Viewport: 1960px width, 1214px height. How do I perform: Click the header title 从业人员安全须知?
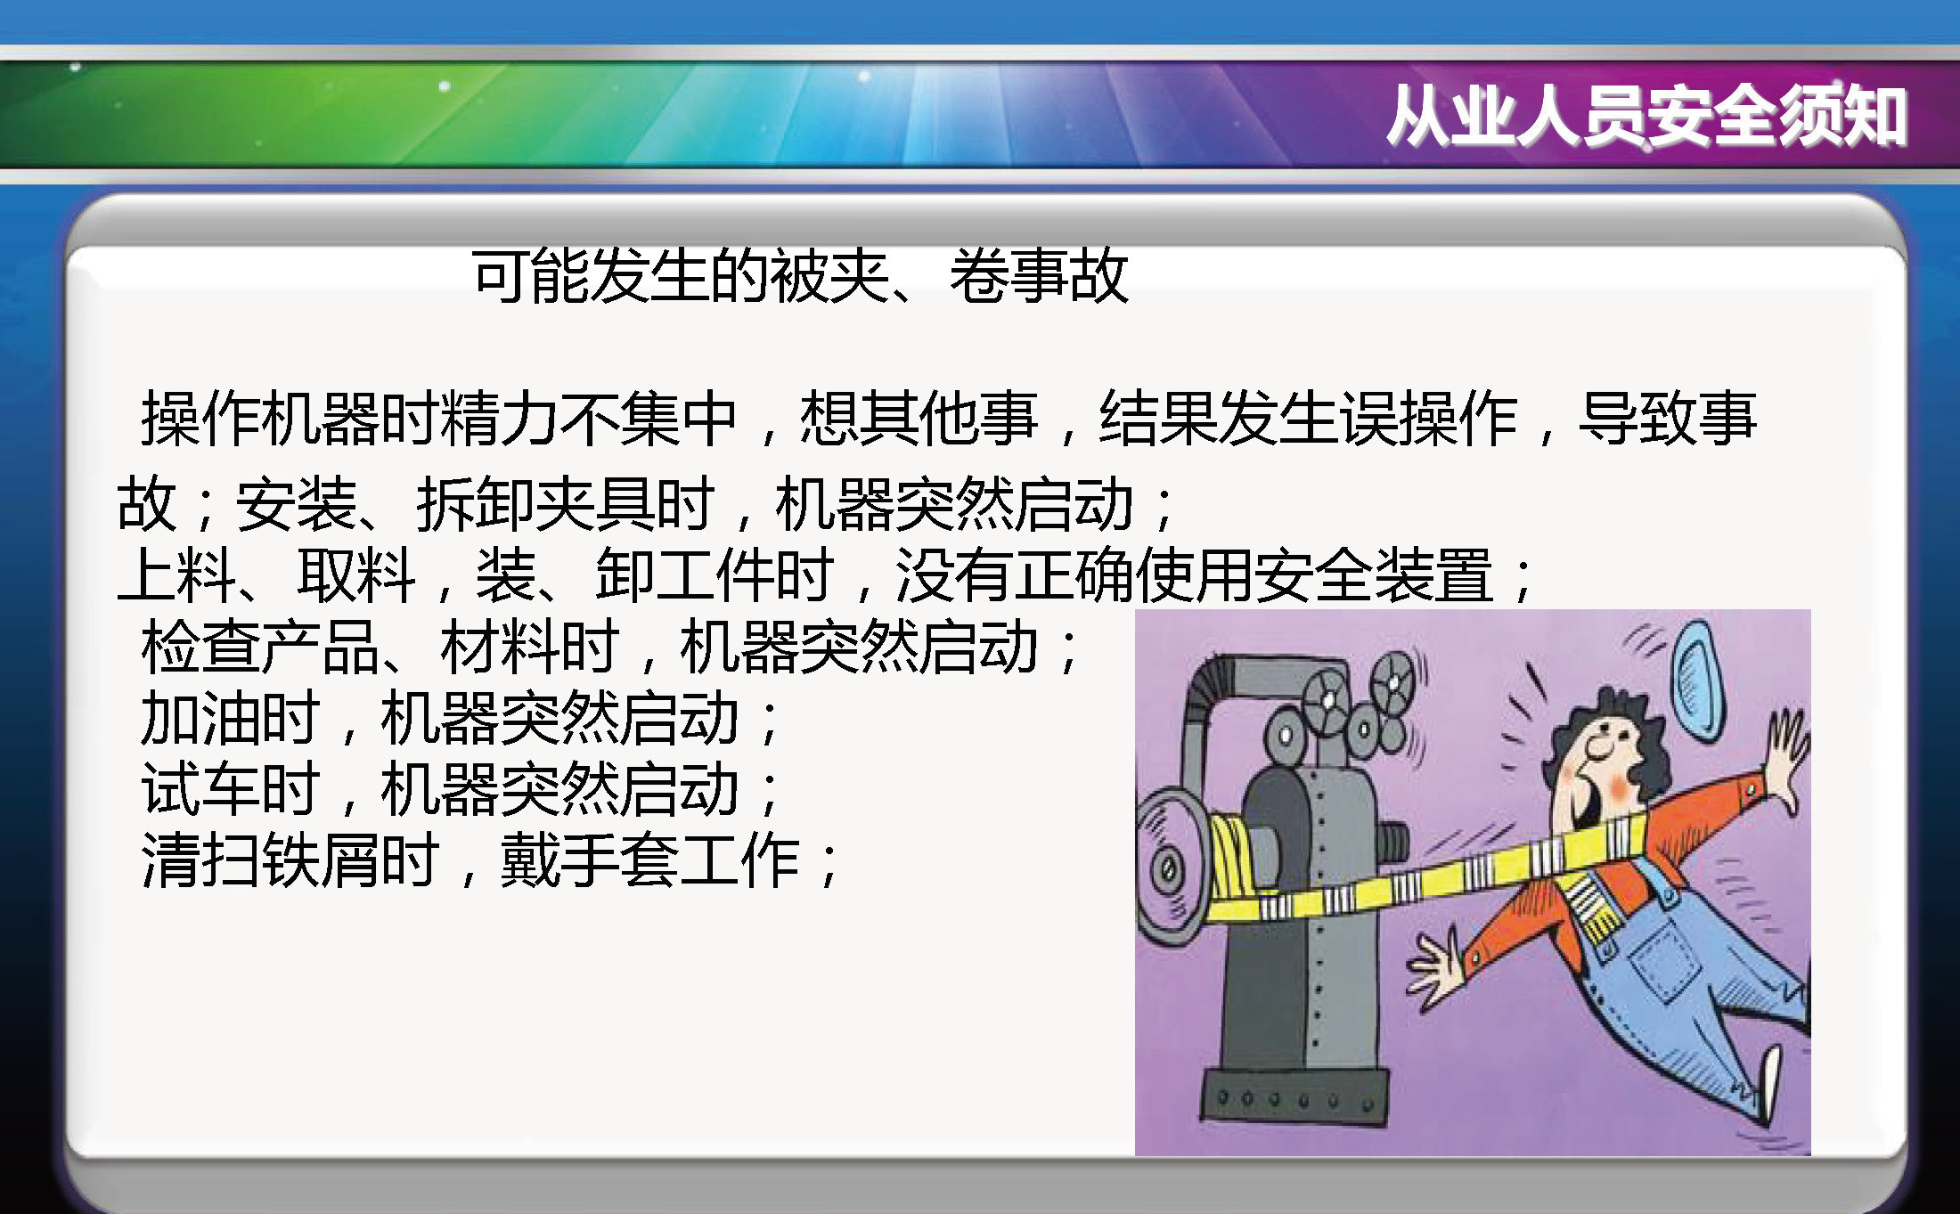pos(1646,116)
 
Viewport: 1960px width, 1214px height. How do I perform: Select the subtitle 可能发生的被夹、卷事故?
pos(800,275)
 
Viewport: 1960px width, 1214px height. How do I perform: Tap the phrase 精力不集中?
pos(589,418)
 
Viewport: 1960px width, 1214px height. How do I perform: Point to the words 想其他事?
pos(919,418)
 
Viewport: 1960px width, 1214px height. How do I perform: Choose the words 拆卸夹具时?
pos(566,503)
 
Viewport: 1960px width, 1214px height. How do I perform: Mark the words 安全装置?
pos(1375,574)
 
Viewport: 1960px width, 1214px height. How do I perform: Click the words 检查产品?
pos(261,647)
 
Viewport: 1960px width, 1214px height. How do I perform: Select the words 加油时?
pos(231,718)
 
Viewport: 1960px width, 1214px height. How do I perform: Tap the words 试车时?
pos(231,789)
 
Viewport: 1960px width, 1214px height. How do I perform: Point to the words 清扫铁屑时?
pos(290,860)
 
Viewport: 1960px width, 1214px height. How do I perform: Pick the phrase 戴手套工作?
pos(649,860)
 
